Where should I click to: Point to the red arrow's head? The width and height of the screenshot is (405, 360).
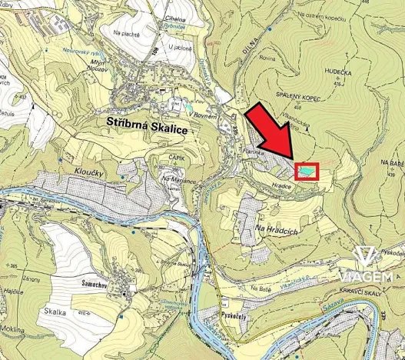[290, 156]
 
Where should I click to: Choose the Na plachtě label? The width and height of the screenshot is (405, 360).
[126, 32]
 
